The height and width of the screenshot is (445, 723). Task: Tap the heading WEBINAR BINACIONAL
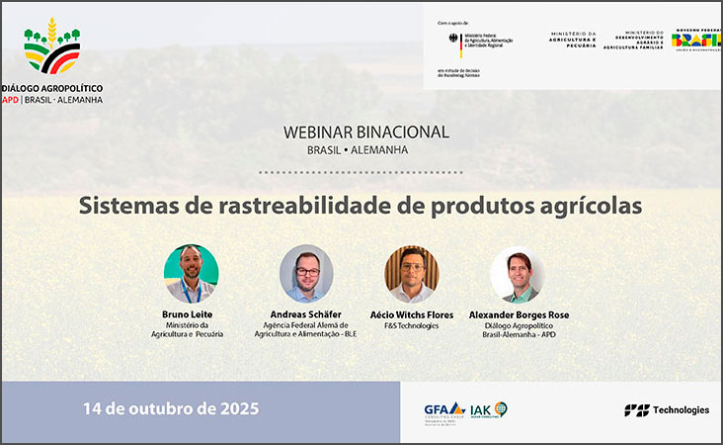point(365,132)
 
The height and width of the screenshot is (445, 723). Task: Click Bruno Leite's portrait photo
point(191,273)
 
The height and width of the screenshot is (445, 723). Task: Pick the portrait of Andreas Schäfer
point(306,273)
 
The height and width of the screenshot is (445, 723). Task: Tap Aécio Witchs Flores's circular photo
point(411,273)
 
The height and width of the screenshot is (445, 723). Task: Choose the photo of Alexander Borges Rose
point(518,273)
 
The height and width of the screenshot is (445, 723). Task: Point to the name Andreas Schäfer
point(305,315)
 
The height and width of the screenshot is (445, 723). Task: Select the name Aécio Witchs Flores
point(411,315)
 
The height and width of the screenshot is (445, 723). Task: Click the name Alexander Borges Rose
point(520,315)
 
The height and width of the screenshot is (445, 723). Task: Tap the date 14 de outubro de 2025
point(171,408)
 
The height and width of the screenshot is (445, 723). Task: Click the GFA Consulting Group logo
point(443,410)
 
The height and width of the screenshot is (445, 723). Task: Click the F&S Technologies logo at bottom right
point(667,409)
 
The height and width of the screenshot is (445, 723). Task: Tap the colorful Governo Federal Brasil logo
point(696,41)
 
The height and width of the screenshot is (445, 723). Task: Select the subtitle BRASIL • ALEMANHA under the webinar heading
point(365,149)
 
